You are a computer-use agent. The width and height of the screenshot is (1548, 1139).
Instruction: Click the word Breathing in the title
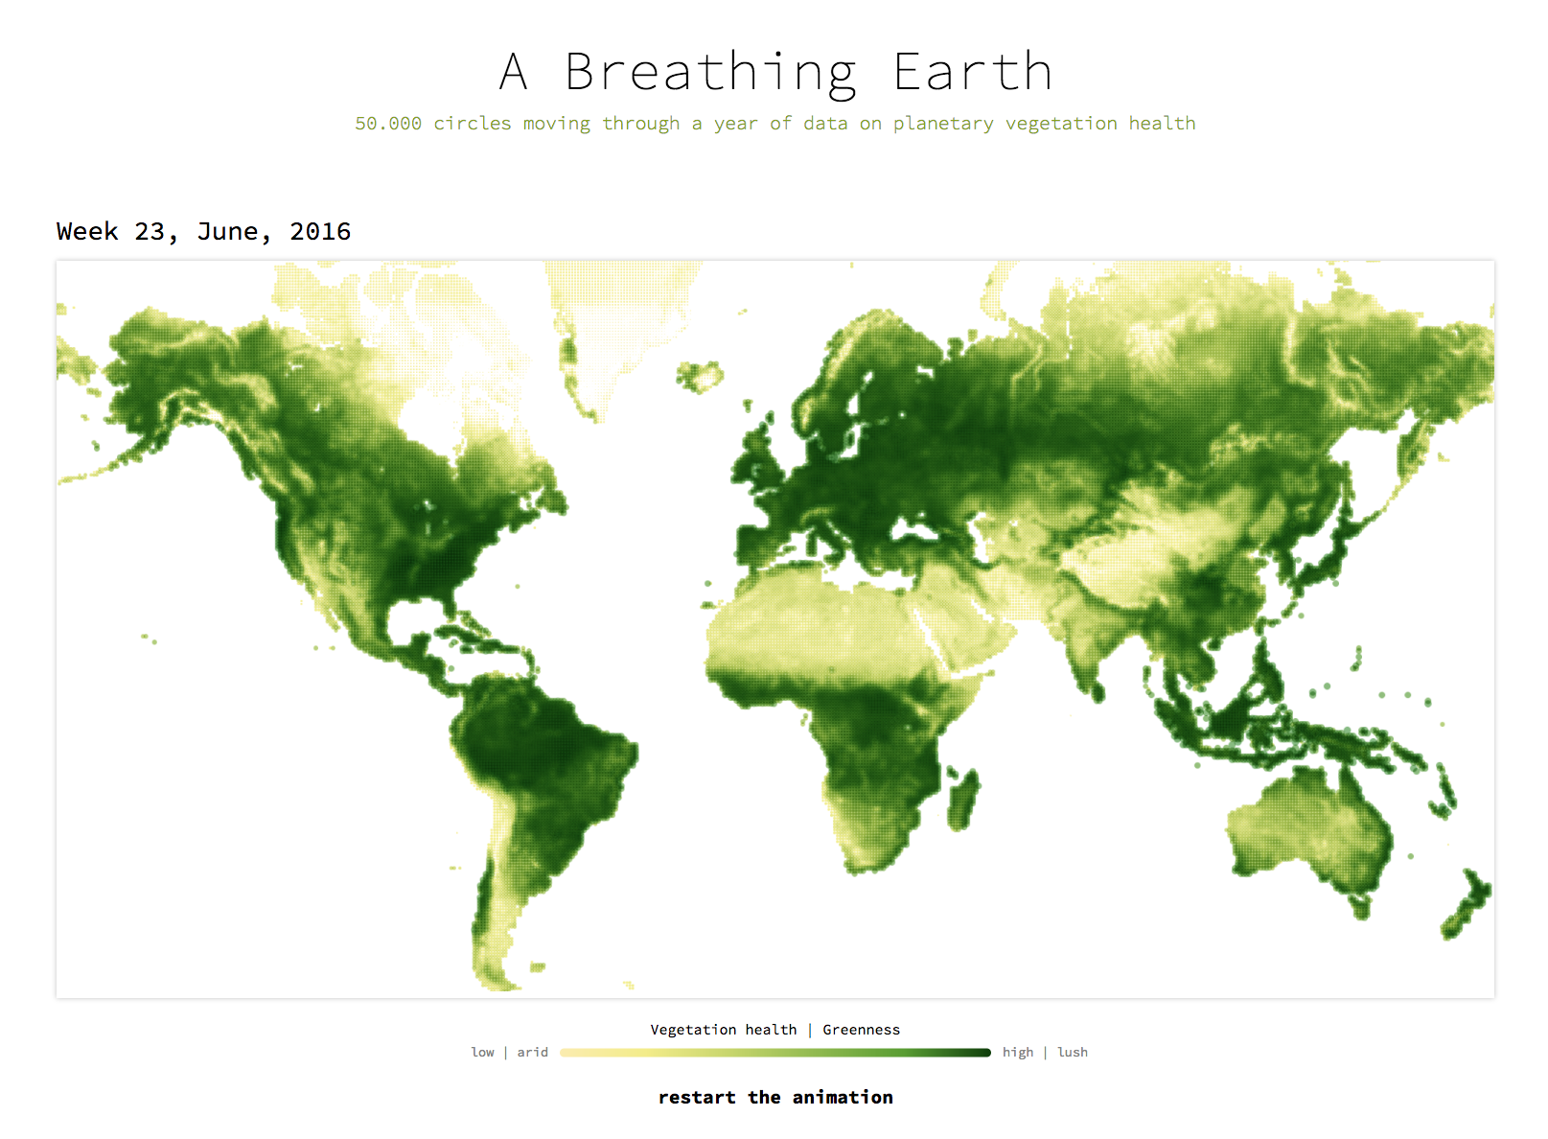pyautogui.click(x=712, y=74)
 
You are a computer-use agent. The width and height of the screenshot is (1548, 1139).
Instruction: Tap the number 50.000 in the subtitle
pyautogui.click(x=387, y=123)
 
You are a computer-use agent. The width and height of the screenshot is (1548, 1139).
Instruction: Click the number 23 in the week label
pyautogui.click(x=150, y=231)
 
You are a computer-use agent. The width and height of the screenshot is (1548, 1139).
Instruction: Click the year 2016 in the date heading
pyautogui.click(x=320, y=231)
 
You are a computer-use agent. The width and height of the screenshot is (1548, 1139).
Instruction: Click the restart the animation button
pyautogui.click(x=775, y=1097)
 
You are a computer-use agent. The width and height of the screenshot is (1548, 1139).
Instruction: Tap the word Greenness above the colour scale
pyautogui.click(x=861, y=1030)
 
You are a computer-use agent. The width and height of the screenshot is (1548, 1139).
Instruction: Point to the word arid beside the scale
pyautogui.click(x=532, y=1052)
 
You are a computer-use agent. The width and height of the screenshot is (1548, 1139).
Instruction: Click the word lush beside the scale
pyautogui.click(x=1073, y=1052)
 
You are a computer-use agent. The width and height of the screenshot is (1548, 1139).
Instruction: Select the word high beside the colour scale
pyautogui.click(x=1018, y=1053)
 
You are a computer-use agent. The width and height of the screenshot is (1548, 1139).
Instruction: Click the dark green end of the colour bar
pyautogui.click(x=987, y=1053)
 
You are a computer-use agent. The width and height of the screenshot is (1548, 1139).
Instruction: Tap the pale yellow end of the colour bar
pyautogui.click(x=565, y=1053)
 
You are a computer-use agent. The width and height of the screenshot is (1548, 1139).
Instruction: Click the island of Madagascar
pyautogui.click(x=962, y=799)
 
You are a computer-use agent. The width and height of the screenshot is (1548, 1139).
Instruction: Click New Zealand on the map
pyautogui.click(x=1467, y=904)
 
